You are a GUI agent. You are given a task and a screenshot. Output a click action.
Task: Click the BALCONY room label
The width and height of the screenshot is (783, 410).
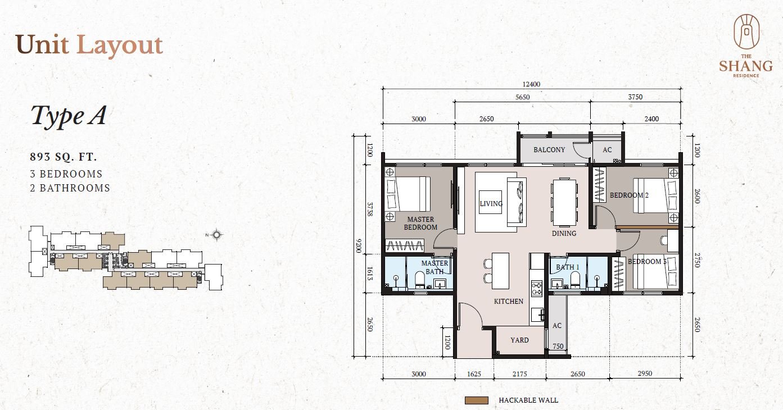tap(549, 150)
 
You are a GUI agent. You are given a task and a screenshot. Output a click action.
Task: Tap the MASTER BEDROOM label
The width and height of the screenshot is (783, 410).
tap(420, 223)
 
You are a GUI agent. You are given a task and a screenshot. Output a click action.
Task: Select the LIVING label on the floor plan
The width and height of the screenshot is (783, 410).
tap(491, 204)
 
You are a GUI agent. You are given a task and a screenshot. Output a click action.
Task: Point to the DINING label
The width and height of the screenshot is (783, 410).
tap(564, 233)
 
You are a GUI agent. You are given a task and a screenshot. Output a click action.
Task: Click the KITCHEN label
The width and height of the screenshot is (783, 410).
tap(509, 302)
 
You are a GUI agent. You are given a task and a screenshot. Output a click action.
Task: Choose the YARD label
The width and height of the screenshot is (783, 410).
tap(519, 340)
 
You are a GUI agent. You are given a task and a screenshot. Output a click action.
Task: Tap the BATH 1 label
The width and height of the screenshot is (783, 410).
tap(568, 267)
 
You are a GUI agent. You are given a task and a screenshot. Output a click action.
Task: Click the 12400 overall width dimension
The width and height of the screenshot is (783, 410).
tap(531, 84)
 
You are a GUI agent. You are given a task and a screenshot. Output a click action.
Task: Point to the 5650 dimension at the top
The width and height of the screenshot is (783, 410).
tap(523, 97)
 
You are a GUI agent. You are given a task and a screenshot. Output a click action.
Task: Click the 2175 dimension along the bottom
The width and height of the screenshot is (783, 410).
tap(519, 374)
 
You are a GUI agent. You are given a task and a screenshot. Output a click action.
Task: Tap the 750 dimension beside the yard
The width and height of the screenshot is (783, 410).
tap(558, 346)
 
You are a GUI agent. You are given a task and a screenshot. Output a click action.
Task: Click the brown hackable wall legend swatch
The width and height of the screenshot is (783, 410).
tap(477, 400)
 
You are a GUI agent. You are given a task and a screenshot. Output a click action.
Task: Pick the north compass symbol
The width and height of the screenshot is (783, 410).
tap(217, 235)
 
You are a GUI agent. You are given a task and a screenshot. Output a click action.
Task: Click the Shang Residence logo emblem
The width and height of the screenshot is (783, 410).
tap(746, 31)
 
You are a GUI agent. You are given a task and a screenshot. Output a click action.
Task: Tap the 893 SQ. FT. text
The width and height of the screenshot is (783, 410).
tap(64, 157)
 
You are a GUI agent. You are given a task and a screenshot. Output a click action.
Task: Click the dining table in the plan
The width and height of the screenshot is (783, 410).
tap(564, 203)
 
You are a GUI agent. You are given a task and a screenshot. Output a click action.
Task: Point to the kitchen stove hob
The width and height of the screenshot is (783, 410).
tap(537, 289)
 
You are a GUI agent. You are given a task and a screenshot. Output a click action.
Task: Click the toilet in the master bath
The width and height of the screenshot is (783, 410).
tap(419, 279)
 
